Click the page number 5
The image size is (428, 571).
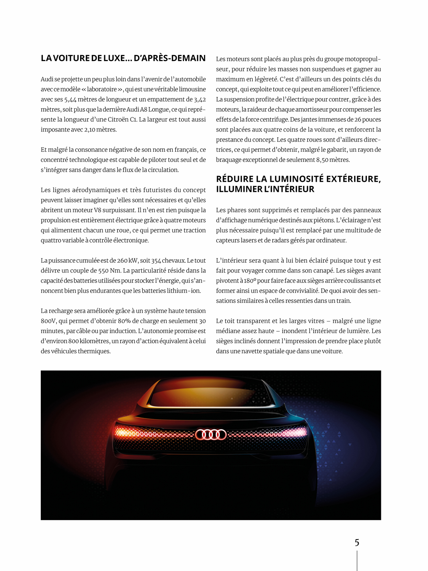coord(357,543)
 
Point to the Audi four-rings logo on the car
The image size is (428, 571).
coord(211,434)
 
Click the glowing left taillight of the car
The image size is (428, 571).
coord(128,432)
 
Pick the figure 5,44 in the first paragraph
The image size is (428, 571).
coord(70,99)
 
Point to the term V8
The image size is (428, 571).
coord(97,210)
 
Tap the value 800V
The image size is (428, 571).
coord(48,321)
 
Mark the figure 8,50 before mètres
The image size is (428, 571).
coord(323,160)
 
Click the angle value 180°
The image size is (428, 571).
coord(250,281)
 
